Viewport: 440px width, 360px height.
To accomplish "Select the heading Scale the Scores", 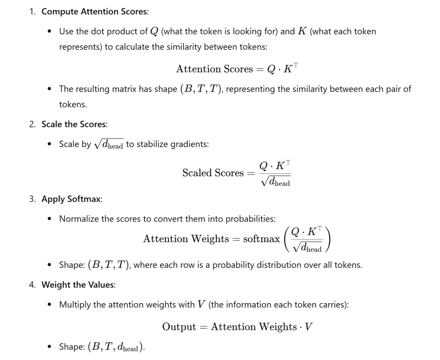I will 74,124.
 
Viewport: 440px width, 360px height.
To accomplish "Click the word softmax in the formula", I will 261,239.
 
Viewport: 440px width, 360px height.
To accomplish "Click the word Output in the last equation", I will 179,327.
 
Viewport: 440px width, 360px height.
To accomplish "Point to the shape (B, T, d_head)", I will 116,347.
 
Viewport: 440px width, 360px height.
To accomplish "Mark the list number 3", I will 32,199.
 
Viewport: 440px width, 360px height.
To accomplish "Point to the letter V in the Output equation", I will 308,327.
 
